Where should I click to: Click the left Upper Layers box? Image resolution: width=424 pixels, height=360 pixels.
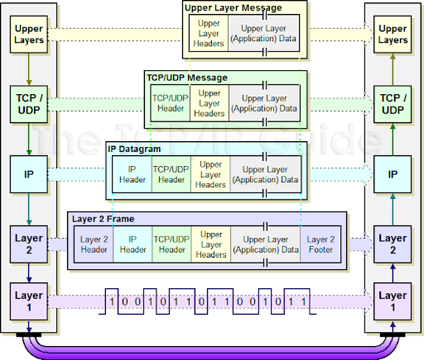click(28, 35)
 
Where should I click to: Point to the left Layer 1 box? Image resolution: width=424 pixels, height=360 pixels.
click(28, 301)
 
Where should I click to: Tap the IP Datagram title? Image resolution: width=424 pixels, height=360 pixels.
click(135, 150)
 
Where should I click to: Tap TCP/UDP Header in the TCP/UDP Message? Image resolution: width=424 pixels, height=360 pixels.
click(170, 104)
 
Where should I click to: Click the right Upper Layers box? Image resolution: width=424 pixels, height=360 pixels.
click(392, 35)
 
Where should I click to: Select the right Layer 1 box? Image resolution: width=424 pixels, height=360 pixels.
click(392, 301)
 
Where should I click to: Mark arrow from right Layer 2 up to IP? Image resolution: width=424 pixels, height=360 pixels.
click(392, 206)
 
